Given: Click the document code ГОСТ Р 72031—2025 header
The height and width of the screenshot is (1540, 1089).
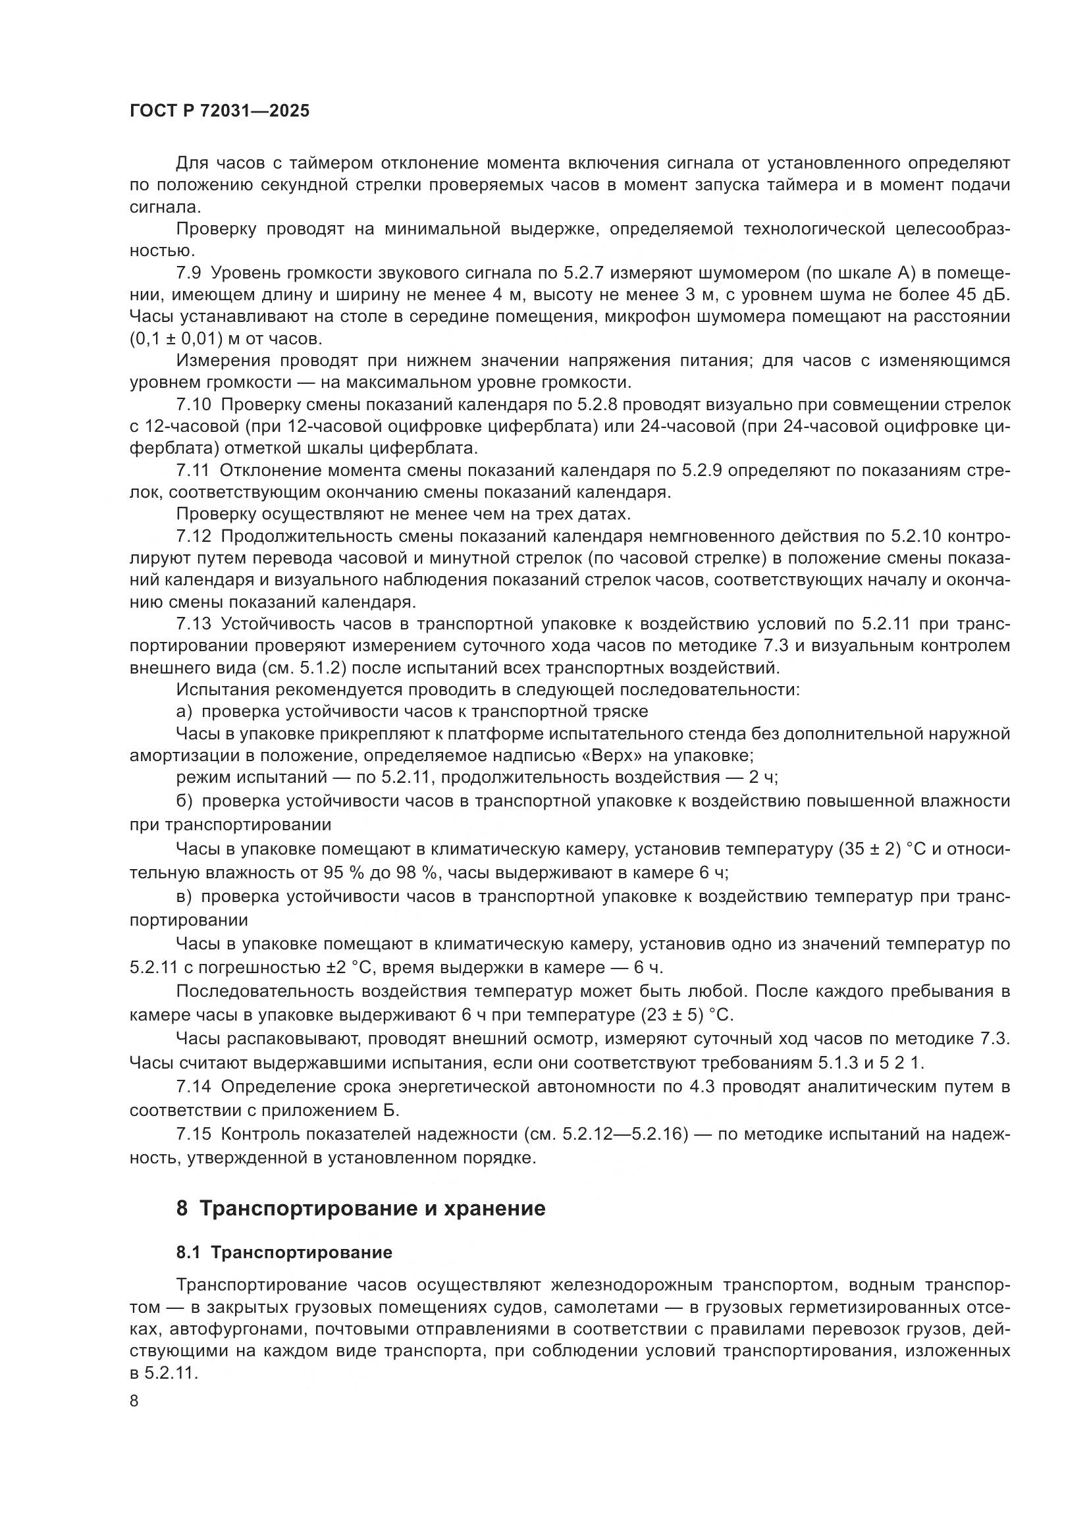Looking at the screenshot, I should [x=219, y=111].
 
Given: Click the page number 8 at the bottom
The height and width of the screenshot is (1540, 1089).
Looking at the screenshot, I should [x=134, y=1401].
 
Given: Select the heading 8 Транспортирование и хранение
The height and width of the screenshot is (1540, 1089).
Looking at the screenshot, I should [x=361, y=1209].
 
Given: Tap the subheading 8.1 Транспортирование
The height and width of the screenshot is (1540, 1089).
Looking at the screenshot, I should [x=284, y=1252].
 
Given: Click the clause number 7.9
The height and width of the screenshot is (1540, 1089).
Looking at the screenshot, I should [x=190, y=273].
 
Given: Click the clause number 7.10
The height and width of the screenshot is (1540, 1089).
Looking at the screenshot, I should [x=194, y=405].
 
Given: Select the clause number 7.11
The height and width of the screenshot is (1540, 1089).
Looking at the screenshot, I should [x=193, y=471].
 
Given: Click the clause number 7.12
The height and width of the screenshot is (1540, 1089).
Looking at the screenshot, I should [x=194, y=537].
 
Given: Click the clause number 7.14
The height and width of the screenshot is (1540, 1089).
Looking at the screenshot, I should [x=194, y=1086].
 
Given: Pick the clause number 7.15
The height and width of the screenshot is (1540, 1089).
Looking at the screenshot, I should [x=194, y=1134].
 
